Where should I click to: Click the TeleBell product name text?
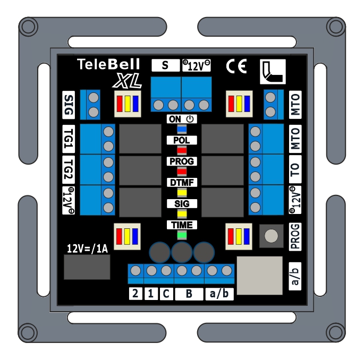108,65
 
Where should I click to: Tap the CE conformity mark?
236,65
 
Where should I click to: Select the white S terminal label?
165,65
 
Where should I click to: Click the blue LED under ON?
182,129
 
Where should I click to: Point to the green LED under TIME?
182,235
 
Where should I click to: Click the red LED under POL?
182,150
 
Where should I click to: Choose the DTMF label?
182,183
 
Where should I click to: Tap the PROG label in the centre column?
182,161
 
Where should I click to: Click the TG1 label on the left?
69,140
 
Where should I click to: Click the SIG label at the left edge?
69,105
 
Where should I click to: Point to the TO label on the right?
295,169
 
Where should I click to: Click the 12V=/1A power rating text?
86,248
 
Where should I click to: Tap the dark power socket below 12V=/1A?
87,267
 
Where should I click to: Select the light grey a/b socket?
259,275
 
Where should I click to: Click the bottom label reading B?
189,293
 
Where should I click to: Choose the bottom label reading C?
166,293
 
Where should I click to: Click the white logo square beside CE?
273,71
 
